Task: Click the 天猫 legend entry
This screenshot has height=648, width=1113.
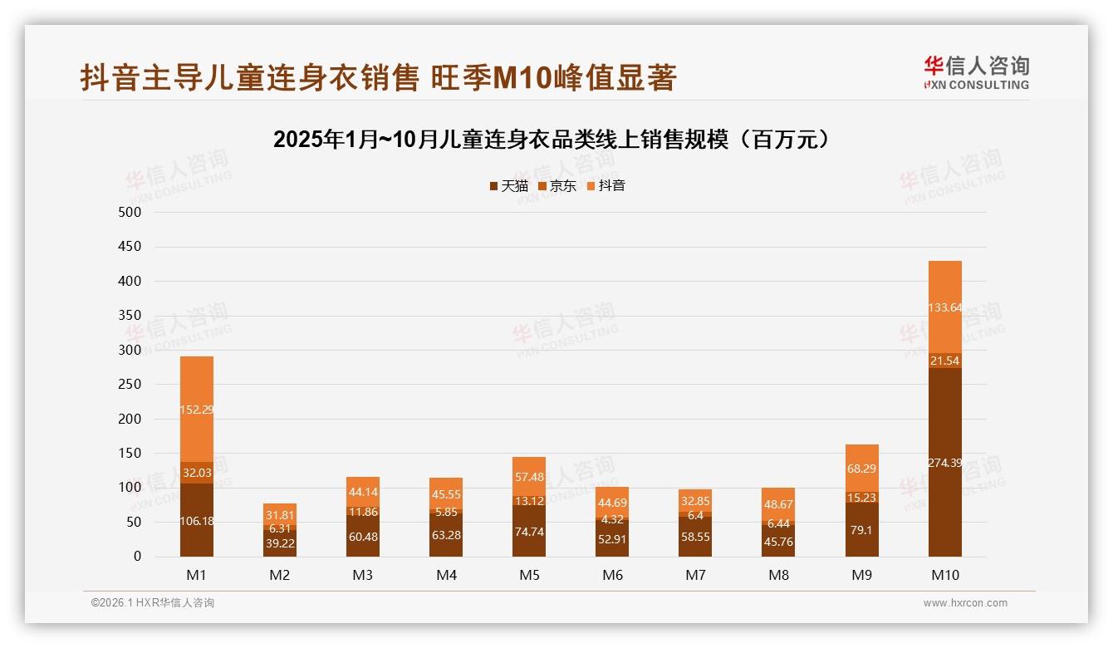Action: pyautogui.click(x=508, y=186)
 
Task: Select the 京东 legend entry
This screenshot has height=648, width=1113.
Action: pyautogui.click(x=557, y=186)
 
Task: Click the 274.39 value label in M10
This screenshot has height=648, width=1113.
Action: pyautogui.click(x=944, y=463)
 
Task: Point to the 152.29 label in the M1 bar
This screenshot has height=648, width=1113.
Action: pyautogui.click(x=197, y=410)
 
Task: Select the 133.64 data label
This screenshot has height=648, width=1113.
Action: pyautogui.click(x=944, y=307)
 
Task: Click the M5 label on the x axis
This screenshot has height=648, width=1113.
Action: pyautogui.click(x=529, y=575)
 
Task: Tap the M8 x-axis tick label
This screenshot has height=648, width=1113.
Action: pyautogui.click(x=778, y=575)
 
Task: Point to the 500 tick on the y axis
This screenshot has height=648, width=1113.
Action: pyautogui.click(x=130, y=212)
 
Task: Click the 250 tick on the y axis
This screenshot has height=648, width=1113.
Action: pyautogui.click(x=130, y=384)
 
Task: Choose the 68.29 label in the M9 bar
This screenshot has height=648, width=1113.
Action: pyautogui.click(x=861, y=469)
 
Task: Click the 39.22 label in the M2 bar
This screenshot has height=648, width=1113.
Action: pyautogui.click(x=280, y=543)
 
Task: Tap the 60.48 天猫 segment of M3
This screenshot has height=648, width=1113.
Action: pyautogui.click(x=363, y=537)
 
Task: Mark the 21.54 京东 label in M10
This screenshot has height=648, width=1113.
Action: pyautogui.click(x=944, y=360)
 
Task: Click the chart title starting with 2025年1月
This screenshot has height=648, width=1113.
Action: pyautogui.click(x=552, y=140)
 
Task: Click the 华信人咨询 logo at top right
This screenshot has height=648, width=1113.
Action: pyautogui.click(x=976, y=72)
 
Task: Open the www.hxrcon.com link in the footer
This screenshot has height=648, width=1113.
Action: pyautogui.click(x=965, y=603)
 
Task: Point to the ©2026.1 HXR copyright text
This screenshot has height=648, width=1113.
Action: pyautogui.click(x=152, y=603)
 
